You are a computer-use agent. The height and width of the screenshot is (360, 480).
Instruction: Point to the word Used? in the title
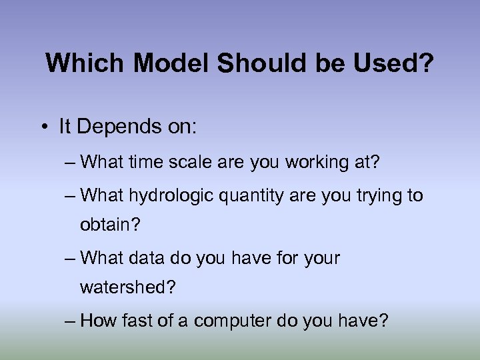pyautogui.click(x=395, y=64)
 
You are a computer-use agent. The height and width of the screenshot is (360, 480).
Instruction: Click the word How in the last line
pyautogui.click(x=98, y=321)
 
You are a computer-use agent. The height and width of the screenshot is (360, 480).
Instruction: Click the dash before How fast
pyautogui.click(x=71, y=321)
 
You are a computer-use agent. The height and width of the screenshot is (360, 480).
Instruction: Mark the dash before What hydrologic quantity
pyautogui.click(x=71, y=195)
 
